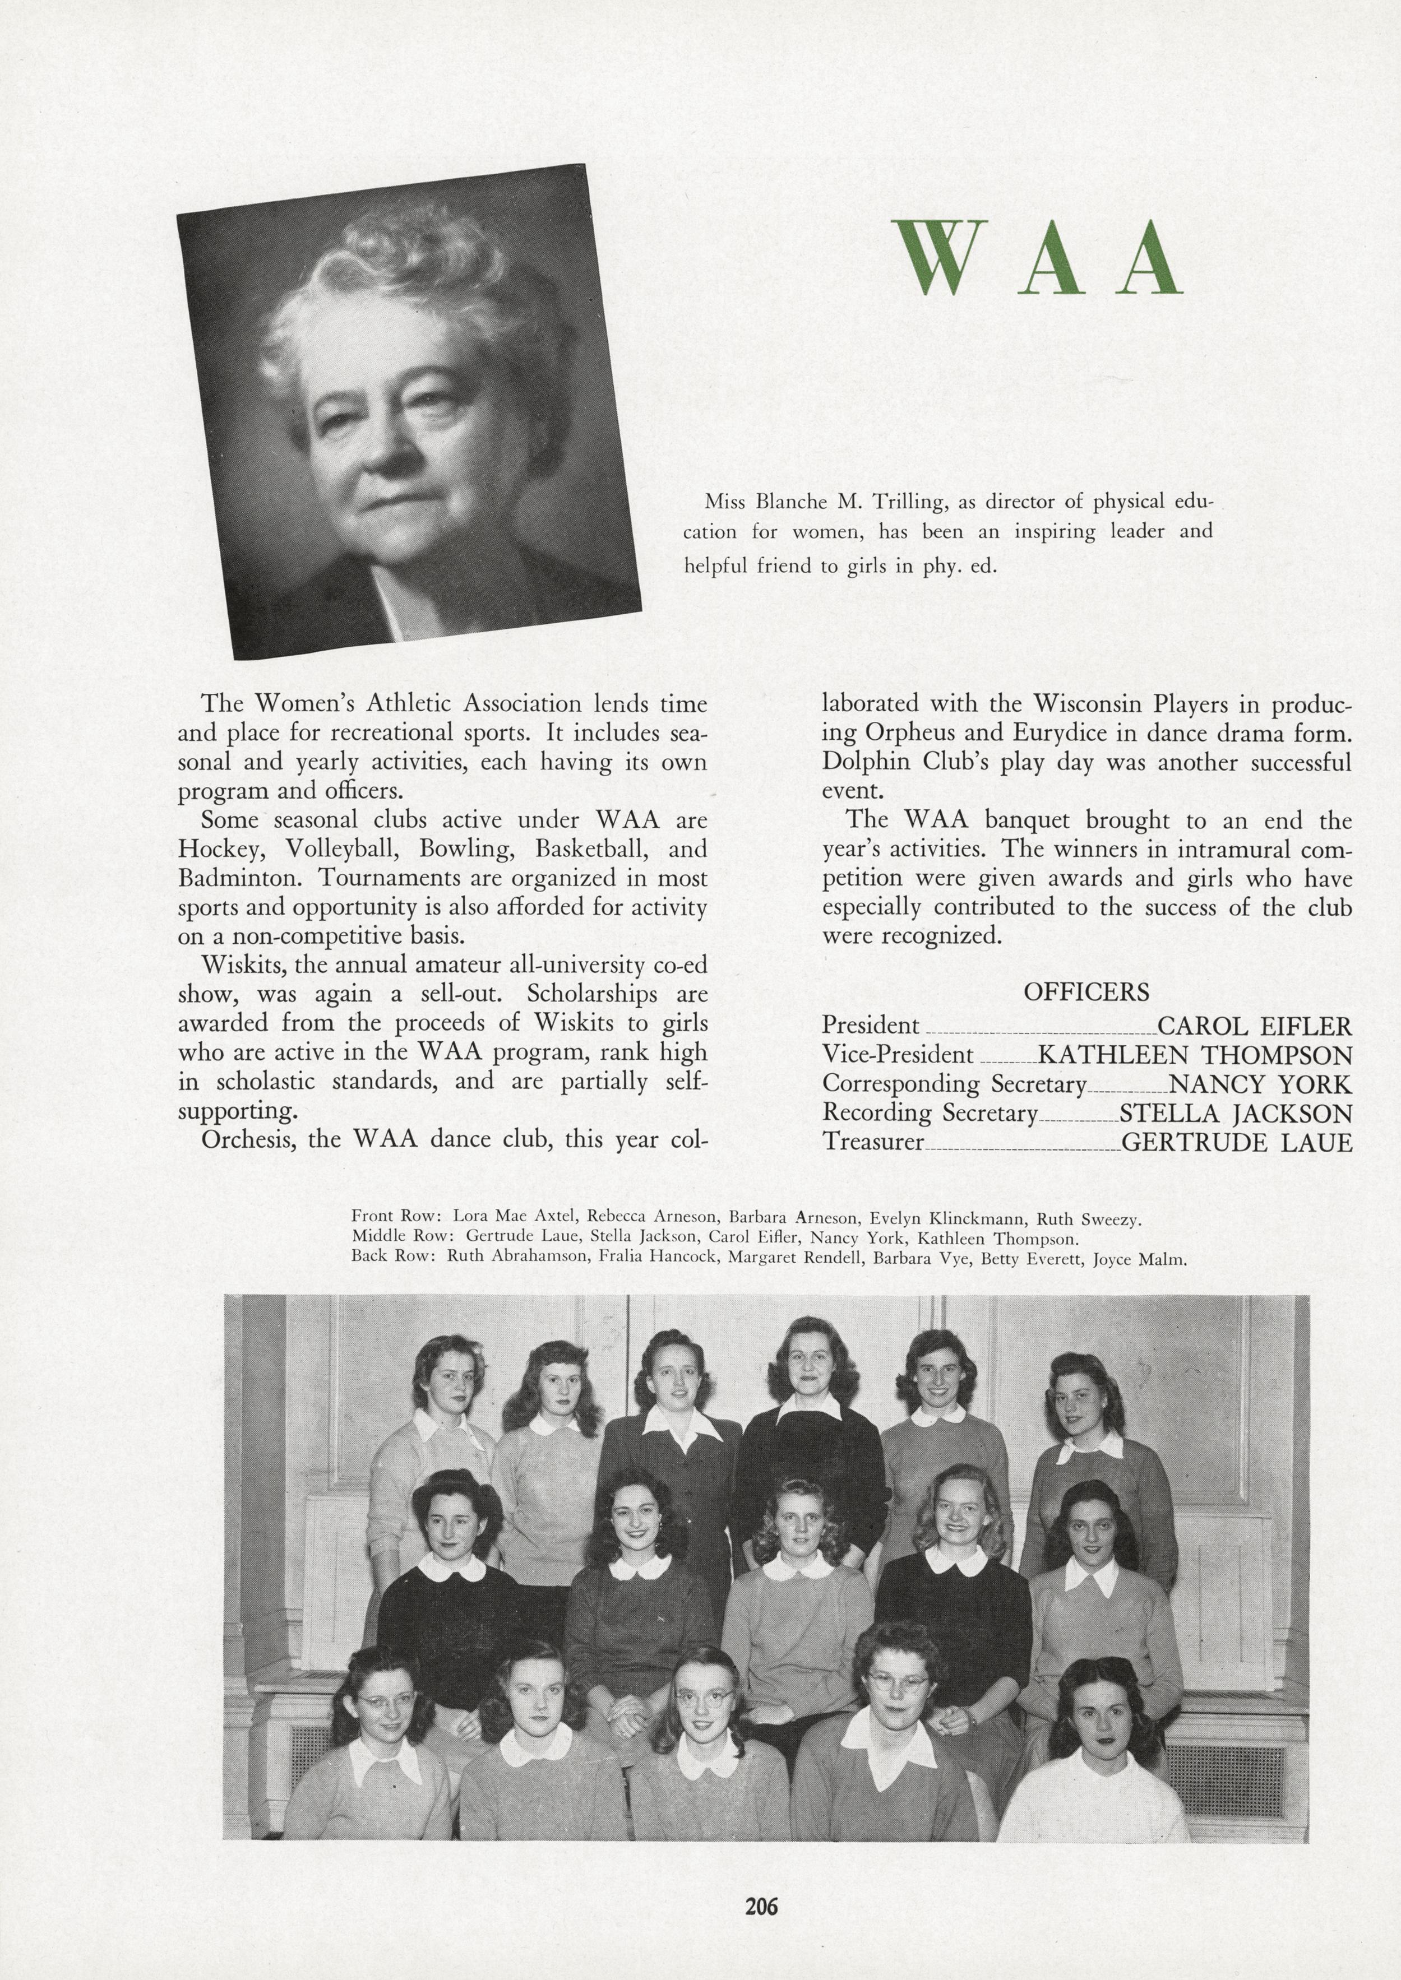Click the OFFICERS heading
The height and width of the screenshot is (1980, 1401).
pyautogui.click(x=1086, y=992)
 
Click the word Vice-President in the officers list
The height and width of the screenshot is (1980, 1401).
pyautogui.click(x=897, y=1055)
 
